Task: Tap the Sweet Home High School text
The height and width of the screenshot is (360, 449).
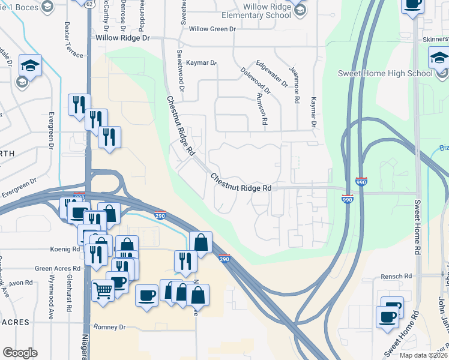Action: (x=385, y=74)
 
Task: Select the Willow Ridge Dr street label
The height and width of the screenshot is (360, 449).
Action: (x=122, y=37)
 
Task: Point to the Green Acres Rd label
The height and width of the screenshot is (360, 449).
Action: (x=58, y=269)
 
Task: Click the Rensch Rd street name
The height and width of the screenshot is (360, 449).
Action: (x=396, y=277)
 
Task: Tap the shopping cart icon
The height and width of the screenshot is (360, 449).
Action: (x=103, y=291)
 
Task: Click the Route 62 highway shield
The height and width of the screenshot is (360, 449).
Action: (x=89, y=4)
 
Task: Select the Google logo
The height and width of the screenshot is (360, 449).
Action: (x=20, y=353)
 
